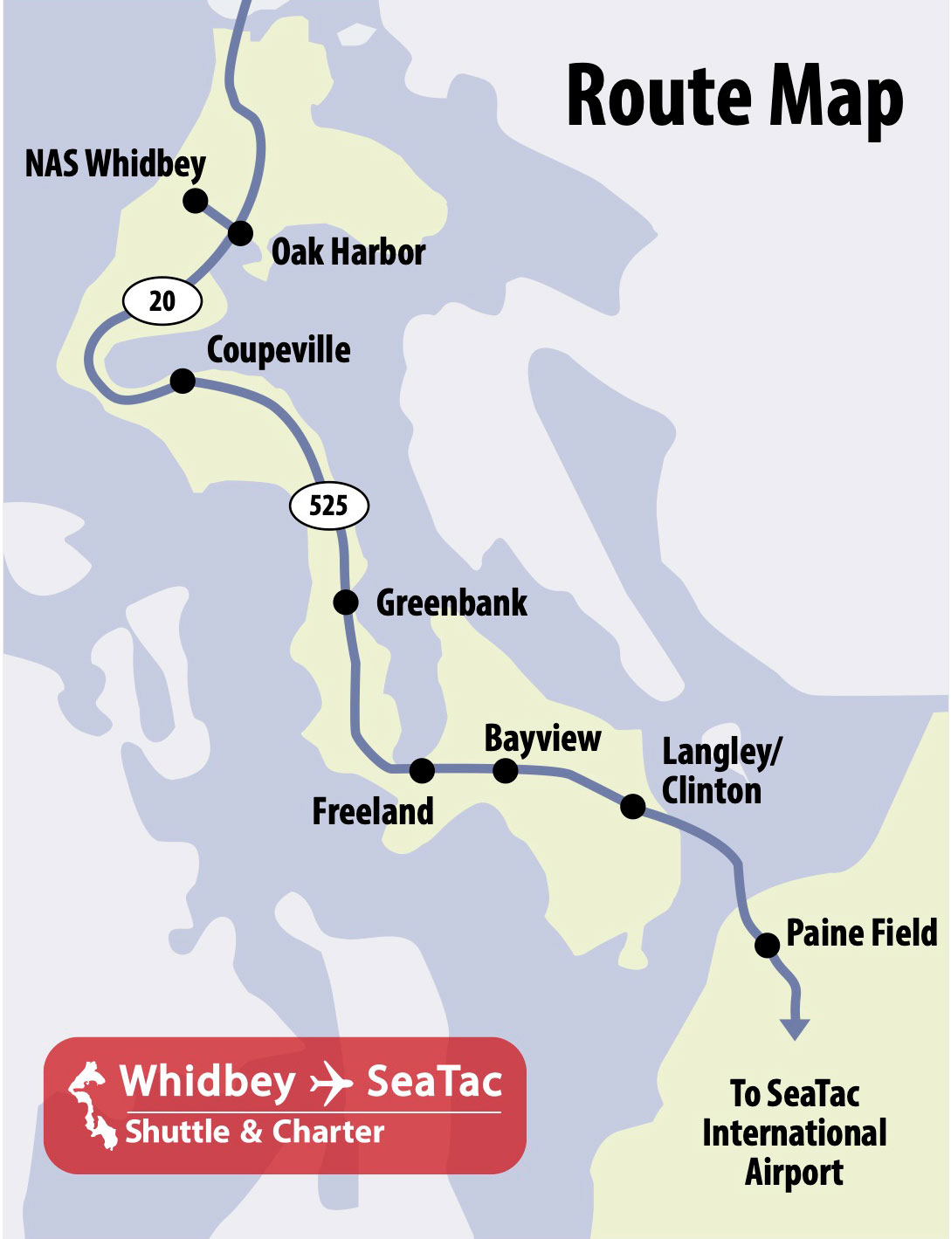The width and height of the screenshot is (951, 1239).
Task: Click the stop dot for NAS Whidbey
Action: tap(195, 200)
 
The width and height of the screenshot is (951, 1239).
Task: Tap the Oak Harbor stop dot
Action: tap(240, 233)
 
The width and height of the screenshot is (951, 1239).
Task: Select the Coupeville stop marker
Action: tap(183, 381)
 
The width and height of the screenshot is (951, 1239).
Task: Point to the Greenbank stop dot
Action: tap(346, 602)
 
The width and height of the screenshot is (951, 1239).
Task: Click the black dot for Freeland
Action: tap(422, 769)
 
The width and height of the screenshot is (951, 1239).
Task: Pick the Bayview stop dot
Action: tap(505, 770)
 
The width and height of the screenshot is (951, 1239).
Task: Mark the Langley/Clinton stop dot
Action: tap(632, 806)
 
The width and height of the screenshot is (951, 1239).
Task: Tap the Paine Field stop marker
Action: tap(767, 945)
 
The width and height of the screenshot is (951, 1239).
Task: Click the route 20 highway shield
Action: tap(162, 301)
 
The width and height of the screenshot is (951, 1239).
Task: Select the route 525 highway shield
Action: tap(328, 506)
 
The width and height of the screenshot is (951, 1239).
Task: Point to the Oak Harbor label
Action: tap(348, 252)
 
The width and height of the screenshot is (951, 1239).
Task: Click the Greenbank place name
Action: tap(451, 602)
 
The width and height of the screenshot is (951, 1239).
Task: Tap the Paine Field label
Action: tap(862, 933)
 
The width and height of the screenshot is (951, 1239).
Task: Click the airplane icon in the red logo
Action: tap(331, 1083)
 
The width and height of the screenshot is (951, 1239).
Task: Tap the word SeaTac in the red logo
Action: tap(434, 1081)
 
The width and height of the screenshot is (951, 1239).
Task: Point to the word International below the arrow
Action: tap(794, 1132)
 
